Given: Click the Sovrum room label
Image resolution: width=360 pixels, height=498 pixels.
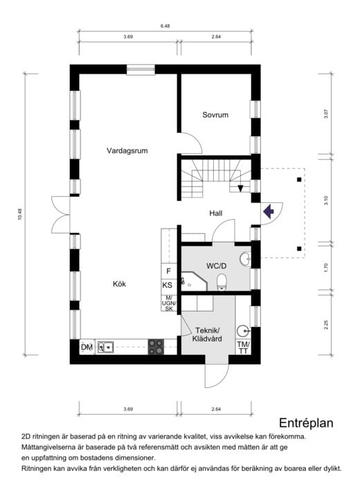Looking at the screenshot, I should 215,115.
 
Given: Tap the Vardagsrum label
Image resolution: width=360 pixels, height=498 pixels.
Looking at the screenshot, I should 127,150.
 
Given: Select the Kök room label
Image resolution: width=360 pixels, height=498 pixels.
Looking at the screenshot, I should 119,283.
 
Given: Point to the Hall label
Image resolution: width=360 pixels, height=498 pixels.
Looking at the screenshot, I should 216,214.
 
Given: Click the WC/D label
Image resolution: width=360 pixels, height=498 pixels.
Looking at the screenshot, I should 216,265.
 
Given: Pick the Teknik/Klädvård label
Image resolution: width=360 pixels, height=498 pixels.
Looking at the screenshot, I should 206,335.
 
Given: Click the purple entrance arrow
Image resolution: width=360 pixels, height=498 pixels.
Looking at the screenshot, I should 269,212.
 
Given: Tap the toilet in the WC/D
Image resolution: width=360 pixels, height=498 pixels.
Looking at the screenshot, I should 222,281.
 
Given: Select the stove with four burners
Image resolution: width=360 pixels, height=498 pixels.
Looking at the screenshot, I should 156,346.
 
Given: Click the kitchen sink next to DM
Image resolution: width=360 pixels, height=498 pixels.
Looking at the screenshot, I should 106,346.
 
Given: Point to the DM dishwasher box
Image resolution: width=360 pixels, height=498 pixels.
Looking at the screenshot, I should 87,346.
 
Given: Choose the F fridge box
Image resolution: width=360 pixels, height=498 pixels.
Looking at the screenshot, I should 168,271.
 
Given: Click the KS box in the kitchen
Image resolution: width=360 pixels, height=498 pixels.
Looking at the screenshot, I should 168,285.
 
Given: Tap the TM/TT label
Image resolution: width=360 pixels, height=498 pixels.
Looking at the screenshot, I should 242,347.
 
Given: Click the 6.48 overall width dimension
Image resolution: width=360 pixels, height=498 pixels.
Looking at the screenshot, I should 165,26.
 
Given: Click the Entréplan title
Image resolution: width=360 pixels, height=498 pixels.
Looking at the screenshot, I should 307,423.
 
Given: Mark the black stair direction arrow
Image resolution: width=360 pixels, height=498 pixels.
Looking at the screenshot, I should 241,188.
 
